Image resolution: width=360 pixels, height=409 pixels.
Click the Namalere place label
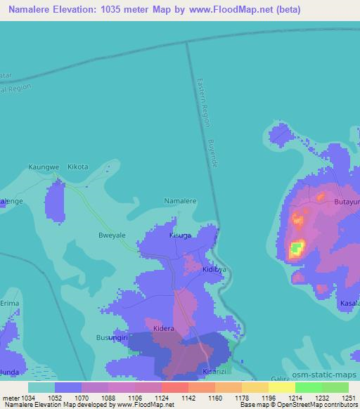180,201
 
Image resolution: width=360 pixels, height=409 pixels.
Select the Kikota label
77,167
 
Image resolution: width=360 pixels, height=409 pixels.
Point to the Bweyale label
112,236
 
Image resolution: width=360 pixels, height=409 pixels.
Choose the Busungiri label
111,338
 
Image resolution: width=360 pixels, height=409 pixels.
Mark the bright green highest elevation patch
298,247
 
